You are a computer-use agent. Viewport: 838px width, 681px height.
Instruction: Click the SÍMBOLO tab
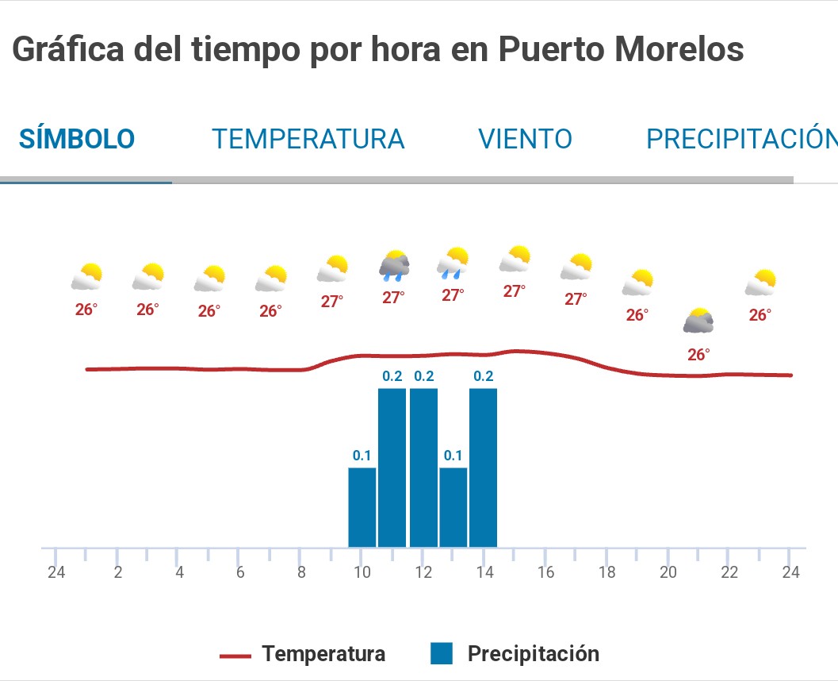tap(77, 140)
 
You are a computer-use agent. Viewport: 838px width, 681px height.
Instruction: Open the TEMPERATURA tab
tap(308, 140)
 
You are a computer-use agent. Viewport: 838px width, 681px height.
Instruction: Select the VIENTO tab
tap(525, 140)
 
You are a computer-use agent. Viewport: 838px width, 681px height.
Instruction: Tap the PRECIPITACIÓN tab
tap(741, 140)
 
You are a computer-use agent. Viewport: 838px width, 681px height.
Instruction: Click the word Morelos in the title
tap(679, 51)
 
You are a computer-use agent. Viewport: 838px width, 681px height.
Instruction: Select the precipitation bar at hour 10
tap(362, 507)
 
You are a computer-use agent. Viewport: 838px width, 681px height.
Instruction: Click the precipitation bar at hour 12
tap(423, 467)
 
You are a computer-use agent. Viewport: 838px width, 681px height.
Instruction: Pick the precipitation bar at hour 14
tap(483, 467)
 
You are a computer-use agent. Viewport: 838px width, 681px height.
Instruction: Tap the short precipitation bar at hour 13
tap(453, 507)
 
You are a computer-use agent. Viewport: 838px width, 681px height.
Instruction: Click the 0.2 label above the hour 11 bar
tap(392, 376)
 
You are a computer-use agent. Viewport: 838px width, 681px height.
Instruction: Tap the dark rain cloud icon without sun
tap(394, 266)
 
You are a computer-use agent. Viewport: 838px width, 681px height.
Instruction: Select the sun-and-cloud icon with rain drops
tap(453, 263)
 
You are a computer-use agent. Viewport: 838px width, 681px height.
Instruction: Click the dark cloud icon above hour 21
tap(698, 320)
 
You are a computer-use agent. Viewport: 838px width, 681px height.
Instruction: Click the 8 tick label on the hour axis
tap(301, 572)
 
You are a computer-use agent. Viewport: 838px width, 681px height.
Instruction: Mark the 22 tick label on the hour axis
tap(729, 572)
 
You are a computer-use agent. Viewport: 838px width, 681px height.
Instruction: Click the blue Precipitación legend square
tap(442, 654)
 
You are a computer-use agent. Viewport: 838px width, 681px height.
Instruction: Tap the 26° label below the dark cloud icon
tap(698, 355)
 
